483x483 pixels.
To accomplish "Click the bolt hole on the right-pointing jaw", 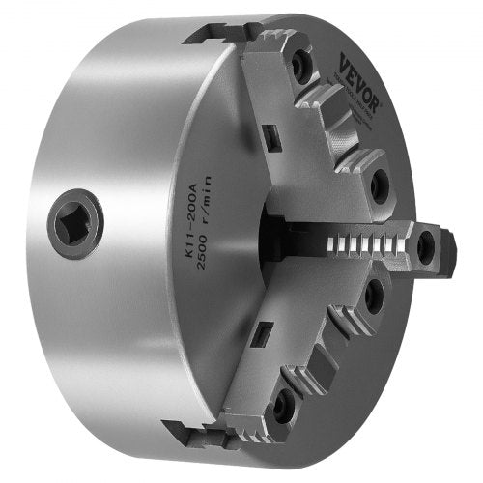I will point(426,249).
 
